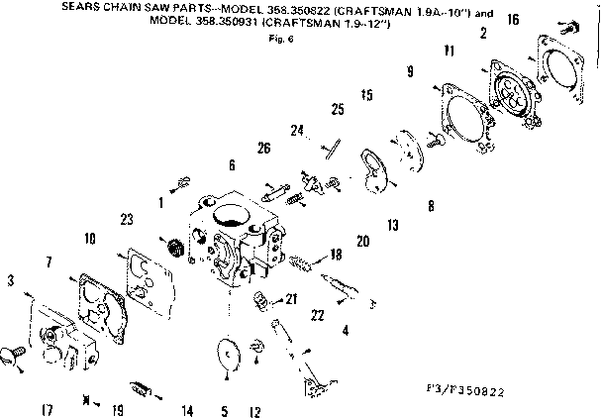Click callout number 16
[x=541, y=19]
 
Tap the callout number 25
[x=338, y=108]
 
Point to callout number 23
[x=127, y=219]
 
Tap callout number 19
[x=118, y=409]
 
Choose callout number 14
[x=186, y=409]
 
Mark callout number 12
[x=254, y=409]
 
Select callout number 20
[x=362, y=242]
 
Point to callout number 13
[x=392, y=226]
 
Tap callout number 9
[x=408, y=70]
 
